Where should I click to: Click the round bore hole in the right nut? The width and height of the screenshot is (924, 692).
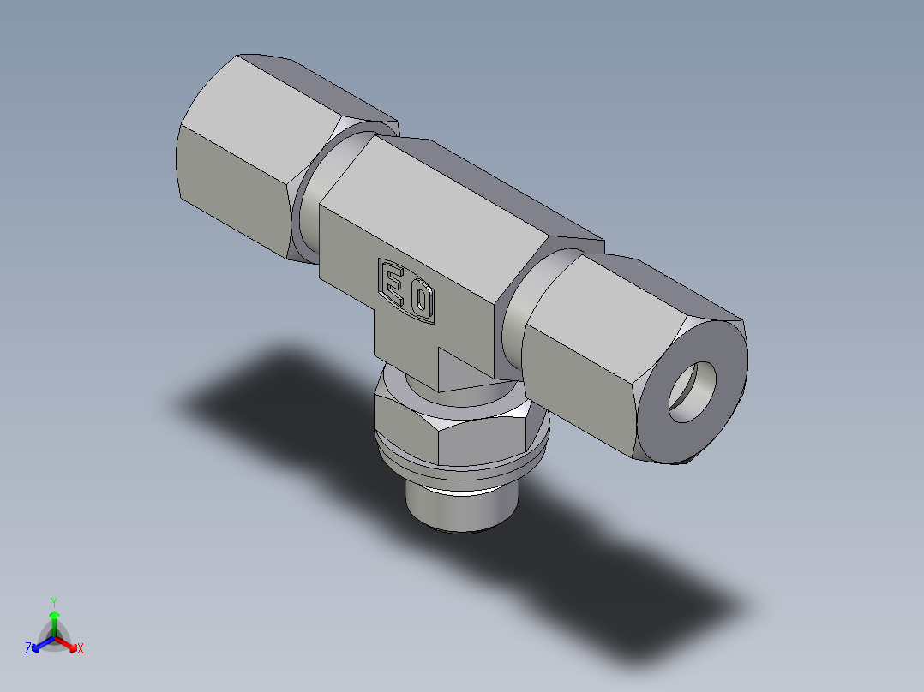(x=692, y=391)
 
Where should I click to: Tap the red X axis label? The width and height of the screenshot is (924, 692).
(x=81, y=649)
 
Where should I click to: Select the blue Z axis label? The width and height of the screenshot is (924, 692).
(x=28, y=649)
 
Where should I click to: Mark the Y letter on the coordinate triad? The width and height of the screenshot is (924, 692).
(x=54, y=601)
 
